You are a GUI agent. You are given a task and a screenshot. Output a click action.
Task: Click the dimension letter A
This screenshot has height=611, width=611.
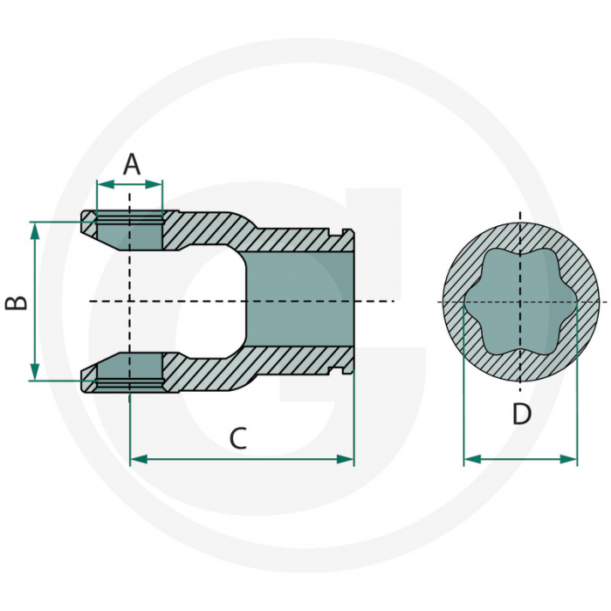[131, 163]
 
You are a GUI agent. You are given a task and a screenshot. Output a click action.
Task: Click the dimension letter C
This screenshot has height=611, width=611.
[237, 439]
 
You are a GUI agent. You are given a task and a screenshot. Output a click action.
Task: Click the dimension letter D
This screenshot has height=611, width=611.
[521, 415]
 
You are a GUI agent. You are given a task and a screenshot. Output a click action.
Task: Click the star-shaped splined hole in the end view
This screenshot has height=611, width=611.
[520, 301]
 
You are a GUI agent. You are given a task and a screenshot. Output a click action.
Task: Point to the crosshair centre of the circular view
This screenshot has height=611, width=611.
[520, 302]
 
